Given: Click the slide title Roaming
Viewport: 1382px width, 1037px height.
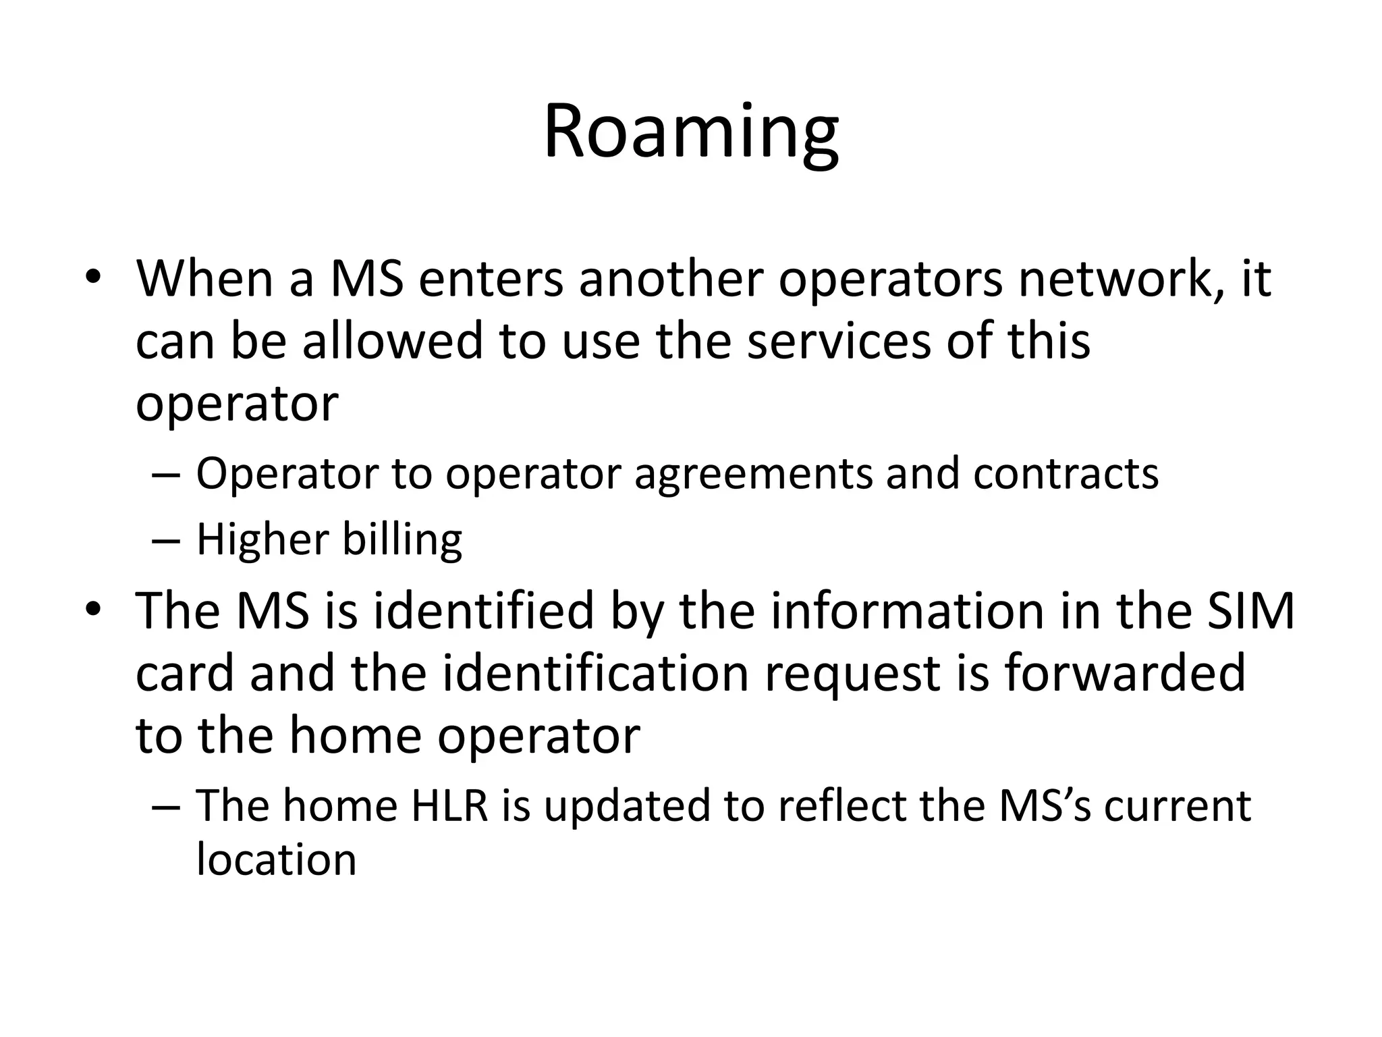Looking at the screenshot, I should [691, 132].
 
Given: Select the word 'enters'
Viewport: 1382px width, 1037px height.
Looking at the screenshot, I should [491, 279].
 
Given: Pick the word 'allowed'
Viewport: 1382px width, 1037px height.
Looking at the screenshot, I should [392, 340].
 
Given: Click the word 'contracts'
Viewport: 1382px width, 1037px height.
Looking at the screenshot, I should [1066, 473].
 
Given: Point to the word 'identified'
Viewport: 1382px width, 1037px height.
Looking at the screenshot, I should [483, 611].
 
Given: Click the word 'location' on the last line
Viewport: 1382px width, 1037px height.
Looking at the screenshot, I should [276, 860].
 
